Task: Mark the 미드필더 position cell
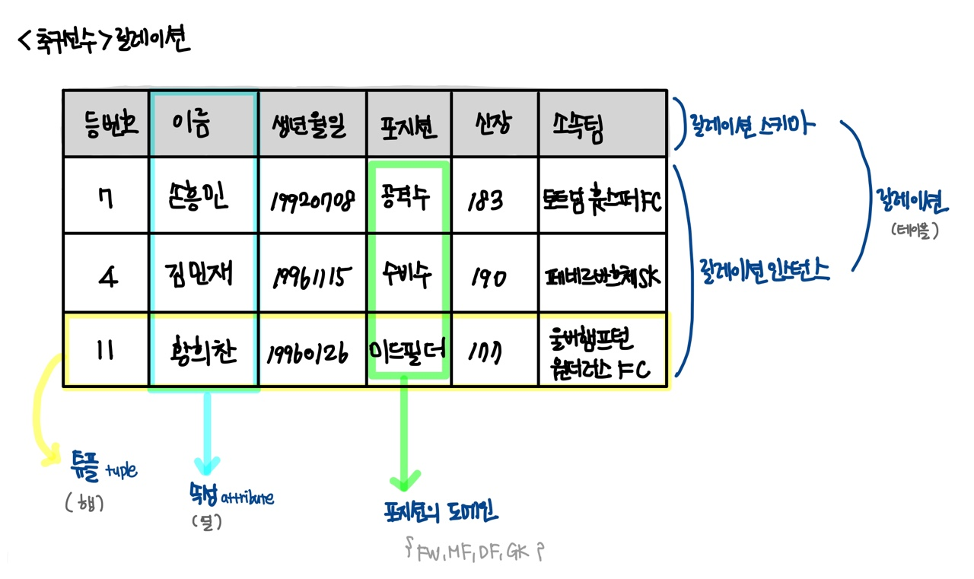408,351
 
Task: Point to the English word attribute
247,498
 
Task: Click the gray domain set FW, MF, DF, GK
476,551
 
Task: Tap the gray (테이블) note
914,229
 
